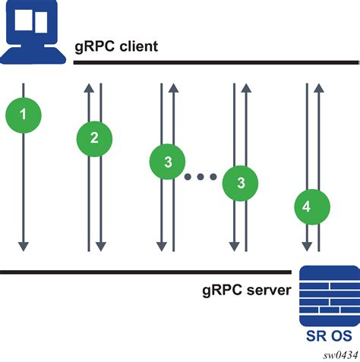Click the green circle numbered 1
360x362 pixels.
coord(23,115)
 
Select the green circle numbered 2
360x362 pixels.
coord(94,138)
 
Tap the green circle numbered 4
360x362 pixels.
coord(312,206)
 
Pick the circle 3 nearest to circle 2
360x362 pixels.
coord(167,161)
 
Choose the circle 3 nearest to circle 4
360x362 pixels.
coord(240,183)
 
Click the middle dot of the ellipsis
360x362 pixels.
coord(203,177)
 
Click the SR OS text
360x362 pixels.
coord(330,334)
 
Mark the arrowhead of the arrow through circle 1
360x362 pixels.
coord(23,244)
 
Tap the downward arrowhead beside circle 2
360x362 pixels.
coord(100,245)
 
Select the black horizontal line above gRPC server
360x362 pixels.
coord(144,271)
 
